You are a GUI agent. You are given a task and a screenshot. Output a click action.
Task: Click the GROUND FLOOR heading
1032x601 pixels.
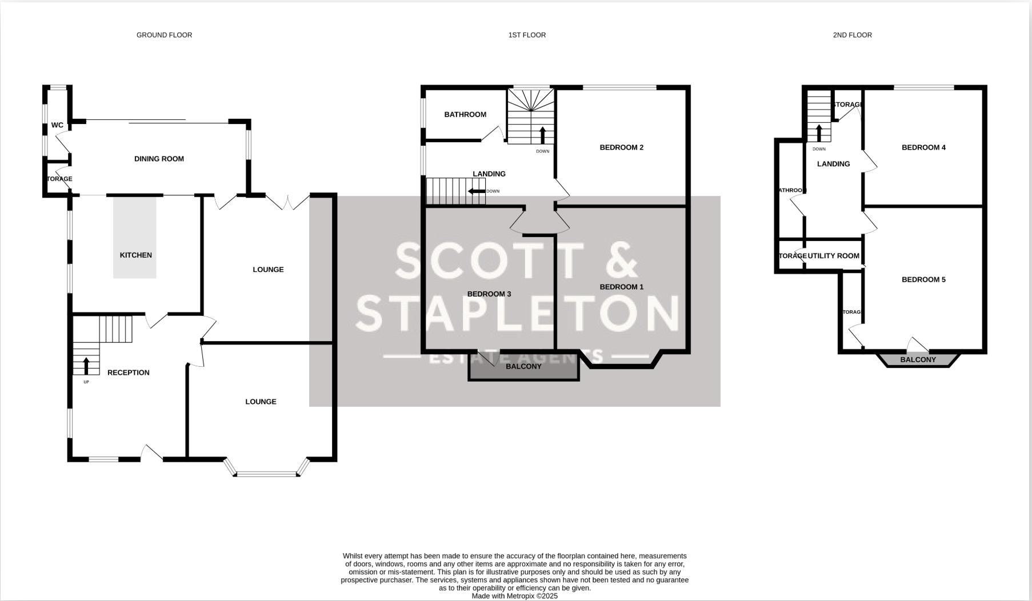(164, 35)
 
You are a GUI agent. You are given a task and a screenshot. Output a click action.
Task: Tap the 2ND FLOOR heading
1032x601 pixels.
(852, 35)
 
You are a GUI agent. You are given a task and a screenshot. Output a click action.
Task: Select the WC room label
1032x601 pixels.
(57, 125)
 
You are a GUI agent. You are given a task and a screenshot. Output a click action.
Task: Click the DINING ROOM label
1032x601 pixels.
(159, 159)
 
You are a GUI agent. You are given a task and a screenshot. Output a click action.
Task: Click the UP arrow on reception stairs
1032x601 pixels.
(86, 365)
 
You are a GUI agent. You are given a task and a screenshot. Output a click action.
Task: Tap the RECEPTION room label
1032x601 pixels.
(129, 372)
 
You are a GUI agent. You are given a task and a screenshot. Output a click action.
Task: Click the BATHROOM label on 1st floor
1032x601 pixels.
(465, 114)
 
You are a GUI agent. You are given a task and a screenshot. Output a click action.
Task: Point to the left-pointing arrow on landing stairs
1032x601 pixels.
(477, 191)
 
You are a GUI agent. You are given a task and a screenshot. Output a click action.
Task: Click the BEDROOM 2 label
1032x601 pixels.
(621, 147)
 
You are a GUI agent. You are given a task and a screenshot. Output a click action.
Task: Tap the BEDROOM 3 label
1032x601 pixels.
(489, 294)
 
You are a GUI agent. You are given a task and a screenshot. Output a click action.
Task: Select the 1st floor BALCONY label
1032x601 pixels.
(523, 366)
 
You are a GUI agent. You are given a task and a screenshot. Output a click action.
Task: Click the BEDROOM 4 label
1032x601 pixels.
(923, 147)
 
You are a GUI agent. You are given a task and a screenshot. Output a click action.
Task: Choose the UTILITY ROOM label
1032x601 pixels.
(833, 256)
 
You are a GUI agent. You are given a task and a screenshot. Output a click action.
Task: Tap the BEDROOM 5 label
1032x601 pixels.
(923, 279)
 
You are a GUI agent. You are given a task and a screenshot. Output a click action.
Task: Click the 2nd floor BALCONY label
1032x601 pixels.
(918, 360)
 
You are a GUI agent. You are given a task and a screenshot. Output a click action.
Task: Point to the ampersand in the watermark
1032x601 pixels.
(618, 261)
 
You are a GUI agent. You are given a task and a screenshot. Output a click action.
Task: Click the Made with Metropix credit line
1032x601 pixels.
(514, 596)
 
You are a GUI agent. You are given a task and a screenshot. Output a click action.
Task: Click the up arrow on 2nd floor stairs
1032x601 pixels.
(819, 133)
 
